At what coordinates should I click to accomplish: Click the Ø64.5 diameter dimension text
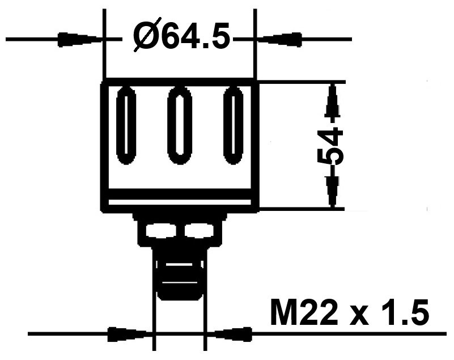point(181,38)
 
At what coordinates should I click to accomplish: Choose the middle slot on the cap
point(180,125)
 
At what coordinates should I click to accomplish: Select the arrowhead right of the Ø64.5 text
point(278,40)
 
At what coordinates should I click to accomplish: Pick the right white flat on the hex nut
point(198,231)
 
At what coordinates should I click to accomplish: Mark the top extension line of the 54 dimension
point(300,81)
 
